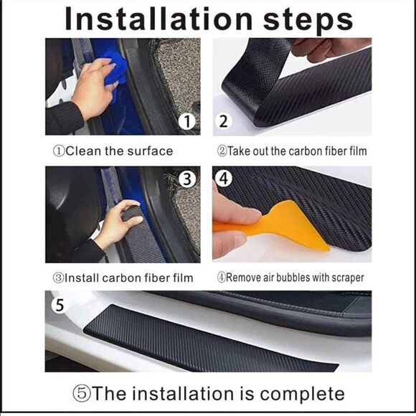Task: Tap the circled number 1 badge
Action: pyautogui.click(x=187, y=122)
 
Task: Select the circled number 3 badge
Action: pyautogui.click(x=187, y=179)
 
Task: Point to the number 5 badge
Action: pyautogui.click(x=60, y=305)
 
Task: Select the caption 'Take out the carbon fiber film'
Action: pyautogui.click(x=292, y=151)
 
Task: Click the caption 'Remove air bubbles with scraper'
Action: pyautogui.click(x=290, y=278)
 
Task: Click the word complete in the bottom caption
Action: pyautogui.click(x=302, y=394)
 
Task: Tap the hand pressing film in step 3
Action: pyautogui.click(x=115, y=228)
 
